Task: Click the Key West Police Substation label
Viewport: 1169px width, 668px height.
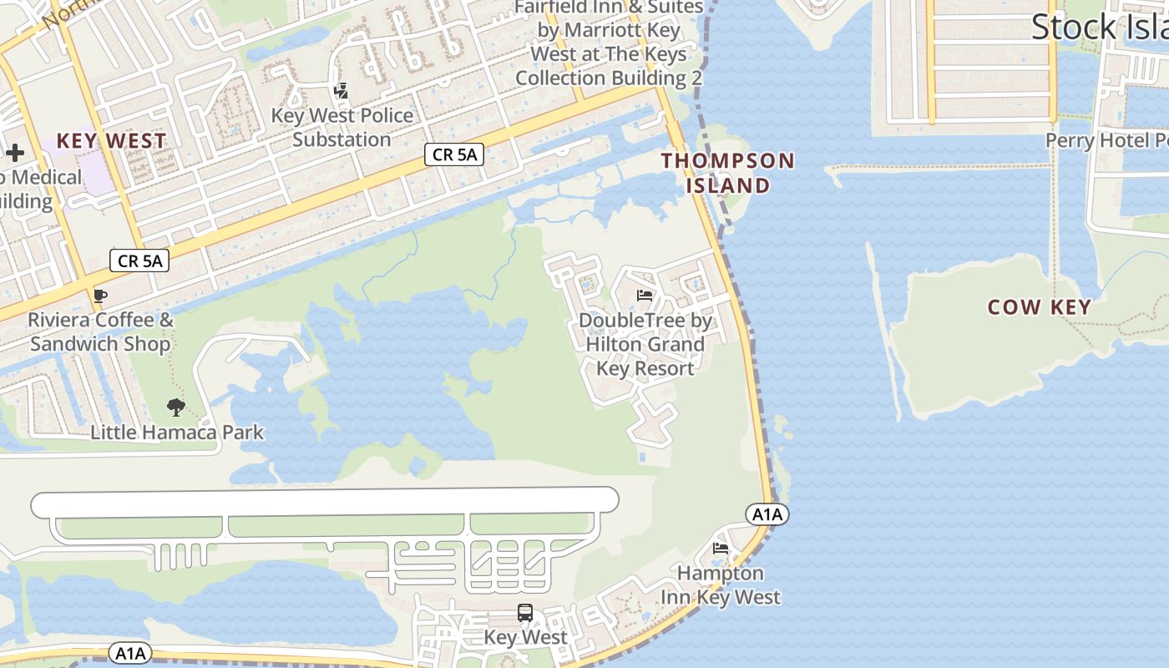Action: [x=342, y=127]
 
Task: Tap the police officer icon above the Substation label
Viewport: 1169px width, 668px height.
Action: [x=340, y=90]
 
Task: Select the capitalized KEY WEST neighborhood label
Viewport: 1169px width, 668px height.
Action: [x=111, y=140]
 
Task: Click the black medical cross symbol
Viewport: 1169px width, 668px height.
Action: [x=15, y=152]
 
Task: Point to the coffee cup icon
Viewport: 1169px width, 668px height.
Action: [x=99, y=296]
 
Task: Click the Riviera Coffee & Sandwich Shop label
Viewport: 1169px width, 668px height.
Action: [x=100, y=331]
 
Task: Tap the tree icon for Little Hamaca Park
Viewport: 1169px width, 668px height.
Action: [x=175, y=407]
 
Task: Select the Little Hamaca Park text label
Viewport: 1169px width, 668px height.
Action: [x=177, y=432]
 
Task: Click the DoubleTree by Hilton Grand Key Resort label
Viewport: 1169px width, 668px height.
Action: [x=645, y=344]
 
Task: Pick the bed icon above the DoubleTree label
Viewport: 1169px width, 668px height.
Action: [x=644, y=295]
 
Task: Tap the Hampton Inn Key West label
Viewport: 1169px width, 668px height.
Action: [x=721, y=585]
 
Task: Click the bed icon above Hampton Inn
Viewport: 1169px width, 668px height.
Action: [x=720, y=548]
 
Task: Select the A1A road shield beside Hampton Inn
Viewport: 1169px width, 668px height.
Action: [x=767, y=514]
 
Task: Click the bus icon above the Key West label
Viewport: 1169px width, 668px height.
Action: [x=525, y=613]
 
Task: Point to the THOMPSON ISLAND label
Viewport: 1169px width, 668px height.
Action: [x=728, y=172]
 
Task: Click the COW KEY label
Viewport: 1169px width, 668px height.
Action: [x=1039, y=307]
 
